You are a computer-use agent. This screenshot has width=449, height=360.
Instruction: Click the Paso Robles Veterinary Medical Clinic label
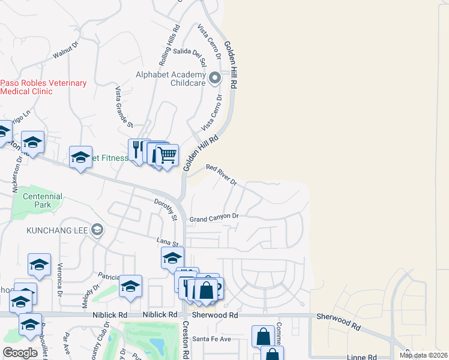pyautogui.click(x=43, y=88)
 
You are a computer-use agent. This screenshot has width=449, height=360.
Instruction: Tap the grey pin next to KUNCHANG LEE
pyautogui.click(x=97, y=230)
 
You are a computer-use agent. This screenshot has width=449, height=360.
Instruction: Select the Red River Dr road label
pyautogui.click(x=221, y=175)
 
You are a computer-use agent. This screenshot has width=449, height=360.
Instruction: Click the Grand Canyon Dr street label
pyautogui.click(x=214, y=218)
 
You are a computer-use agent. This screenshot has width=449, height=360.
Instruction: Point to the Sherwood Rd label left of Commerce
pyautogui.click(x=215, y=315)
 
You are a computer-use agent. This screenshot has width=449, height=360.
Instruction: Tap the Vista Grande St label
pyautogui.click(x=124, y=107)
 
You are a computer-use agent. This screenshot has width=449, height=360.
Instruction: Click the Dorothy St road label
pyautogui.click(x=165, y=209)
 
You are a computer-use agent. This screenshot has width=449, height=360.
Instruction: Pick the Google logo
pyautogui.click(x=20, y=353)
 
